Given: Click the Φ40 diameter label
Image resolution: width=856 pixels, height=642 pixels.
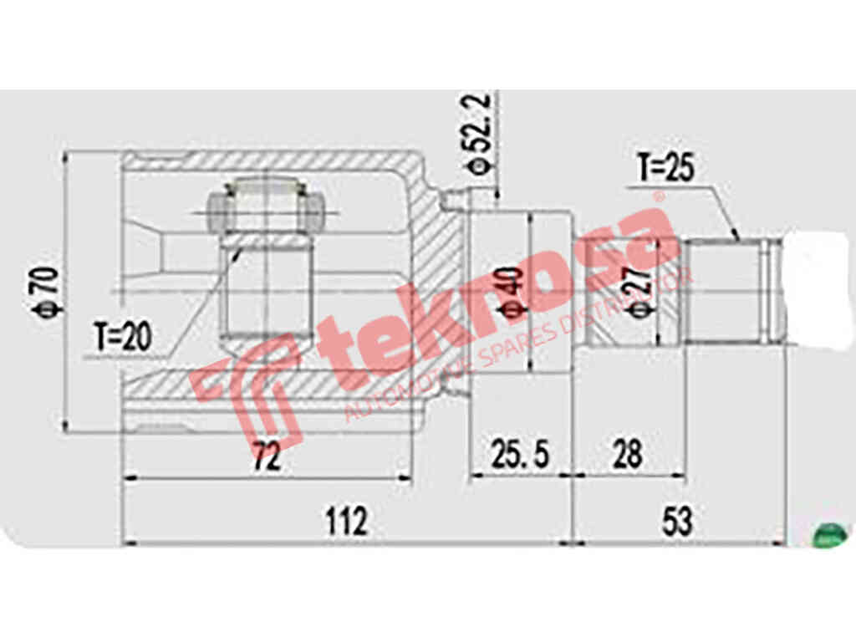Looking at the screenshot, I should [x=513, y=293].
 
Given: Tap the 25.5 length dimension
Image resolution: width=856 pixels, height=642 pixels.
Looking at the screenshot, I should [x=519, y=456].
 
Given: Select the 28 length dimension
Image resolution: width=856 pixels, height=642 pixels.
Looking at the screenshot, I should [x=627, y=456].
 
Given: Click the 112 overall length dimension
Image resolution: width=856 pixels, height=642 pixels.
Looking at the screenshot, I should [x=345, y=522].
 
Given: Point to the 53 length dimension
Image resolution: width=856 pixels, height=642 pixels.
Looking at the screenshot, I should [x=676, y=522].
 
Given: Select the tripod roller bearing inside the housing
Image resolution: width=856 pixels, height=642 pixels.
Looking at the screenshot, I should [x=263, y=209].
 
